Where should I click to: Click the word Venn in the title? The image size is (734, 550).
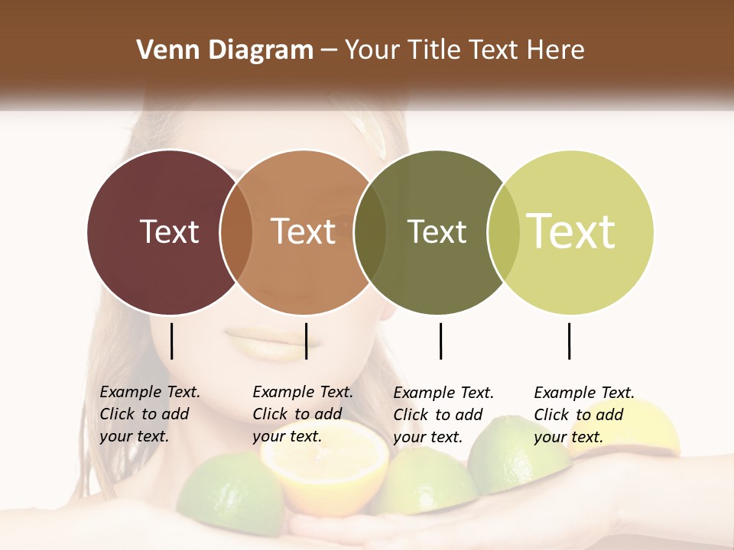(162, 50)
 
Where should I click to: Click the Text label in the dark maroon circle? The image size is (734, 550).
(169, 231)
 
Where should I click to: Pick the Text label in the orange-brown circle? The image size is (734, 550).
(303, 231)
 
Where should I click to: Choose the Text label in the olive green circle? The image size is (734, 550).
(437, 231)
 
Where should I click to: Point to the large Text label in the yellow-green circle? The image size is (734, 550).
(571, 231)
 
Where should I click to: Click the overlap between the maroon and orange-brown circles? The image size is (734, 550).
(236, 232)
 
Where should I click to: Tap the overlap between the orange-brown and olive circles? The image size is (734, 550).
(370, 232)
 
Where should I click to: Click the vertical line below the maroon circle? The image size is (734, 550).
(171, 341)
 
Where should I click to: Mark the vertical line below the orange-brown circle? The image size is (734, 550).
(306, 341)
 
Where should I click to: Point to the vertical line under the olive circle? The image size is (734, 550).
(440, 341)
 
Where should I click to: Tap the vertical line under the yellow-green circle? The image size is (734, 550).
(570, 341)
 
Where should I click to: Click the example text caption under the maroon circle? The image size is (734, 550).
(149, 414)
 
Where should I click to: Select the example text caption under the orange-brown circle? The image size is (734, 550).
(302, 414)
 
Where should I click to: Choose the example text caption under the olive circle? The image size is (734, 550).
(443, 415)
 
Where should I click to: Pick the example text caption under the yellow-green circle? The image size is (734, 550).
(583, 415)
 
